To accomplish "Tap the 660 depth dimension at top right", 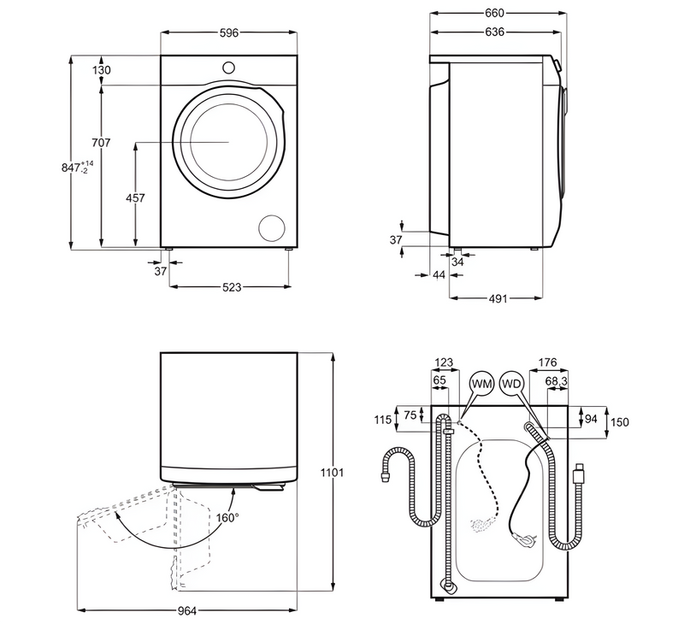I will pos(495,13).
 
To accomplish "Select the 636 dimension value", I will pos(494,32).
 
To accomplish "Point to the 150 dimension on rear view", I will pos(619,422).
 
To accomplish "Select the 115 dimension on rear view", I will pos(382,420).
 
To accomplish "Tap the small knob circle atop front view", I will pos(228,67).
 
